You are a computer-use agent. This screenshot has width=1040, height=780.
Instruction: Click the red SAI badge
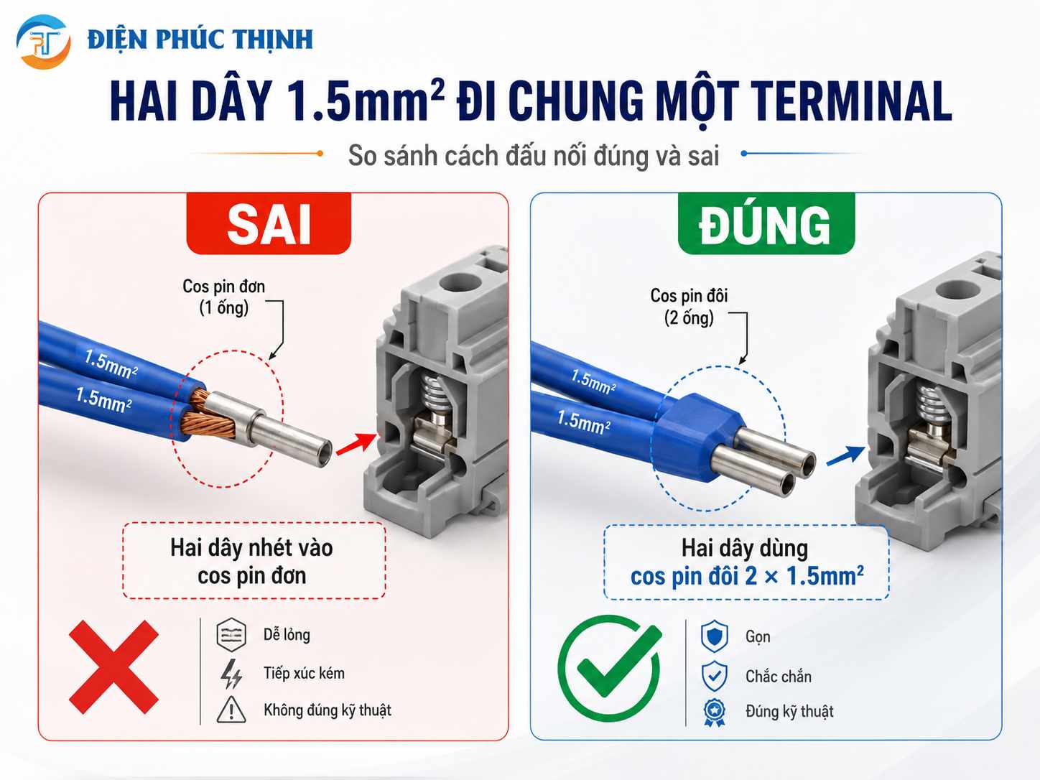pyautogui.click(x=269, y=223)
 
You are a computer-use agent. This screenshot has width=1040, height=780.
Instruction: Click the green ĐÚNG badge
pyautogui.click(x=766, y=223)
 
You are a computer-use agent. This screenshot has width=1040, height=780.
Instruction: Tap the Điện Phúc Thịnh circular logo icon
pyautogui.click(x=44, y=42)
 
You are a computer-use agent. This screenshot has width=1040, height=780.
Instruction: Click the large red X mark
pyautogui.click(x=113, y=667)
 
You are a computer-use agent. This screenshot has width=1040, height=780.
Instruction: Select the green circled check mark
pyautogui.click(x=610, y=668)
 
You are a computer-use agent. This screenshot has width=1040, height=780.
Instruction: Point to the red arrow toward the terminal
pyautogui.click(x=356, y=444)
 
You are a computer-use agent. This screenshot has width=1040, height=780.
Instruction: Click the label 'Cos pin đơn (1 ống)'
pyautogui.click(x=223, y=297)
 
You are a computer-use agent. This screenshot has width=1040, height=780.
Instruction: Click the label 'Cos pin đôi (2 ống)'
pyautogui.click(x=689, y=307)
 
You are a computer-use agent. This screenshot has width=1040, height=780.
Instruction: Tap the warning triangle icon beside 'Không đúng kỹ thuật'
pyautogui.click(x=231, y=710)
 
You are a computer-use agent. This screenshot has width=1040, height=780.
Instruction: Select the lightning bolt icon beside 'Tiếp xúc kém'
pyautogui.click(x=232, y=674)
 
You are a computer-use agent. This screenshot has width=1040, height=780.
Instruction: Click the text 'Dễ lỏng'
pyautogui.click(x=287, y=635)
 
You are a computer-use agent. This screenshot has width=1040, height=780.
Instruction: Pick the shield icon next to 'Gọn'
pyautogui.click(x=714, y=636)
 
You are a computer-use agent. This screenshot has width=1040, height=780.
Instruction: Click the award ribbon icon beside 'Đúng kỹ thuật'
pyautogui.click(x=714, y=712)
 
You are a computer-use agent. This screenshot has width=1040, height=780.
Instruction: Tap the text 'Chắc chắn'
pyautogui.click(x=779, y=676)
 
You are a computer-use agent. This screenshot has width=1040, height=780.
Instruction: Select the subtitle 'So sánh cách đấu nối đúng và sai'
pyautogui.click(x=534, y=155)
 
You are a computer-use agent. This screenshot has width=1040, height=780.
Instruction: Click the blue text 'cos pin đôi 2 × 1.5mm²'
pyautogui.click(x=747, y=576)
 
